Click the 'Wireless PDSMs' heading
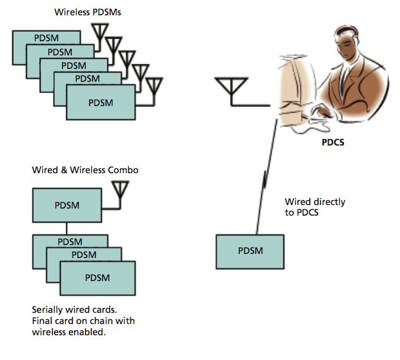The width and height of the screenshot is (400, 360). (x=88, y=11)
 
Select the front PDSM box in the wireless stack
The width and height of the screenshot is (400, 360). (x=100, y=103)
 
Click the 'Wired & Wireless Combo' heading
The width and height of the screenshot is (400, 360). (x=85, y=170)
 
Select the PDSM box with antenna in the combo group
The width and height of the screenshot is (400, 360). (x=67, y=206)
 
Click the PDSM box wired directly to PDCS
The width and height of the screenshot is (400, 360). (x=250, y=251)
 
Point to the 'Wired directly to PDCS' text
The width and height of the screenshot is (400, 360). (x=315, y=207)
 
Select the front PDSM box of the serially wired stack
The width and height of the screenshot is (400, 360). (x=98, y=278)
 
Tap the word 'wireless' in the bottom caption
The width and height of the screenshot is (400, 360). (x=52, y=332)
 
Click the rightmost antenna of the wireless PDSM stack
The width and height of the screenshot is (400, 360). (x=154, y=87)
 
